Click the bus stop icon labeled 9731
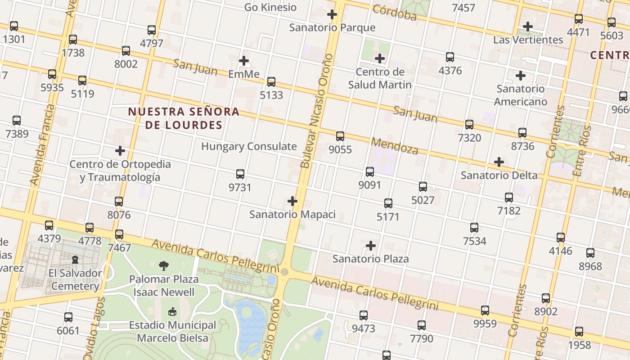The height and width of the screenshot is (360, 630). (x=240, y=174)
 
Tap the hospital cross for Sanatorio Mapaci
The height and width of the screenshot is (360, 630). (x=292, y=201)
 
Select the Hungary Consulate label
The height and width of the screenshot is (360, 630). (x=249, y=146)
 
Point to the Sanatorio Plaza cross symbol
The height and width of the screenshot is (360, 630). (x=371, y=246)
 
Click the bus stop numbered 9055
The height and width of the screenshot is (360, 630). (x=340, y=136)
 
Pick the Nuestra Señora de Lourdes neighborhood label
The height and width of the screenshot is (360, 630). (x=184, y=118)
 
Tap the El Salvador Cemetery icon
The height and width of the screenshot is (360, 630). (x=75, y=260)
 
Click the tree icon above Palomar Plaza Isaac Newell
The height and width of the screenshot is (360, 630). (x=164, y=265)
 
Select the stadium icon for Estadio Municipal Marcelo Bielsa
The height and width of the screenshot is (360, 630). (x=172, y=311)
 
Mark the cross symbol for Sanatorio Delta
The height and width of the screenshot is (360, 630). (x=499, y=162)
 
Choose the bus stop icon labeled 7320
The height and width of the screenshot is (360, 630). (x=469, y=124)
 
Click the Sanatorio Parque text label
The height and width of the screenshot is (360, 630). (x=332, y=27)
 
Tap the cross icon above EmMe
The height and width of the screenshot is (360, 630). (x=244, y=60)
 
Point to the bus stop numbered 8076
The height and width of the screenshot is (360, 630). (x=119, y=201)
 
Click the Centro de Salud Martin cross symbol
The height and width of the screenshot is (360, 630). (x=380, y=58)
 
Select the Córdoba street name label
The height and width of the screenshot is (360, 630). (x=395, y=13)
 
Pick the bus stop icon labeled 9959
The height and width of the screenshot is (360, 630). (x=485, y=310)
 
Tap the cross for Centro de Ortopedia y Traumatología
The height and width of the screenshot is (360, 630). (x=120, y=150)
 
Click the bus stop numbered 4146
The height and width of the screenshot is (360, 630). (x=561, y=237)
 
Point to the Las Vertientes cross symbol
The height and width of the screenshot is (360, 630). (x=528, y=27)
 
